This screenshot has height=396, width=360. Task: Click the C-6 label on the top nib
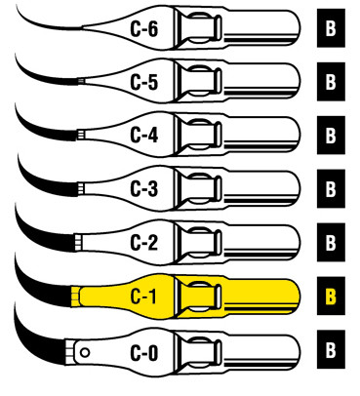tap(143, 28)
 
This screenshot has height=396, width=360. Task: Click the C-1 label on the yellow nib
tap(143, 293)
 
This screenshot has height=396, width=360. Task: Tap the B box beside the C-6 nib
tap(331, 28)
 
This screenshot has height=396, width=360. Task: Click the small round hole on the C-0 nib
tap(85, 348)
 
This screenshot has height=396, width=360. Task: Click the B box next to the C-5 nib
tap(331, 81)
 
